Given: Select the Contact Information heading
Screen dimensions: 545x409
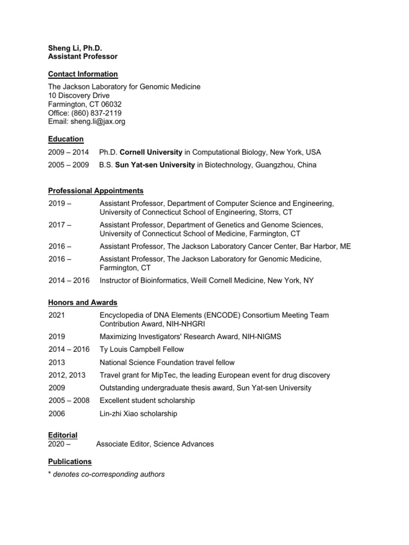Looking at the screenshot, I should [x=83, y=74].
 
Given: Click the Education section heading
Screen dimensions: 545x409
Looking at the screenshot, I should [x=66, y=139].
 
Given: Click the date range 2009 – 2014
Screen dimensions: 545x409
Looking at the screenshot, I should [x=68, y=152].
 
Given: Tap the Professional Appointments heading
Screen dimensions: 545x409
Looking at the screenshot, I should [x=95, y=191].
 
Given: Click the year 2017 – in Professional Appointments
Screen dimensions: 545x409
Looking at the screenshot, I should [x=60, y=225].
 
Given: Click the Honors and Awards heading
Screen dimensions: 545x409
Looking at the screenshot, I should [x=83, y=302].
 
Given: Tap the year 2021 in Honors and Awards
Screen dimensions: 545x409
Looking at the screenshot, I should [x=56, y=315].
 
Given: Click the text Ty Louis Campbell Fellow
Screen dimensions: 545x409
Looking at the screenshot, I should [x=142, y=349].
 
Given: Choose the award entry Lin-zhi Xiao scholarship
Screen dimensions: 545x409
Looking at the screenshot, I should [x=138, y=413].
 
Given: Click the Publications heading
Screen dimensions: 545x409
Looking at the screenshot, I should [x=70, y=461].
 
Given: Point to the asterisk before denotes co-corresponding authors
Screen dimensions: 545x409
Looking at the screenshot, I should [x=50, y=474].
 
